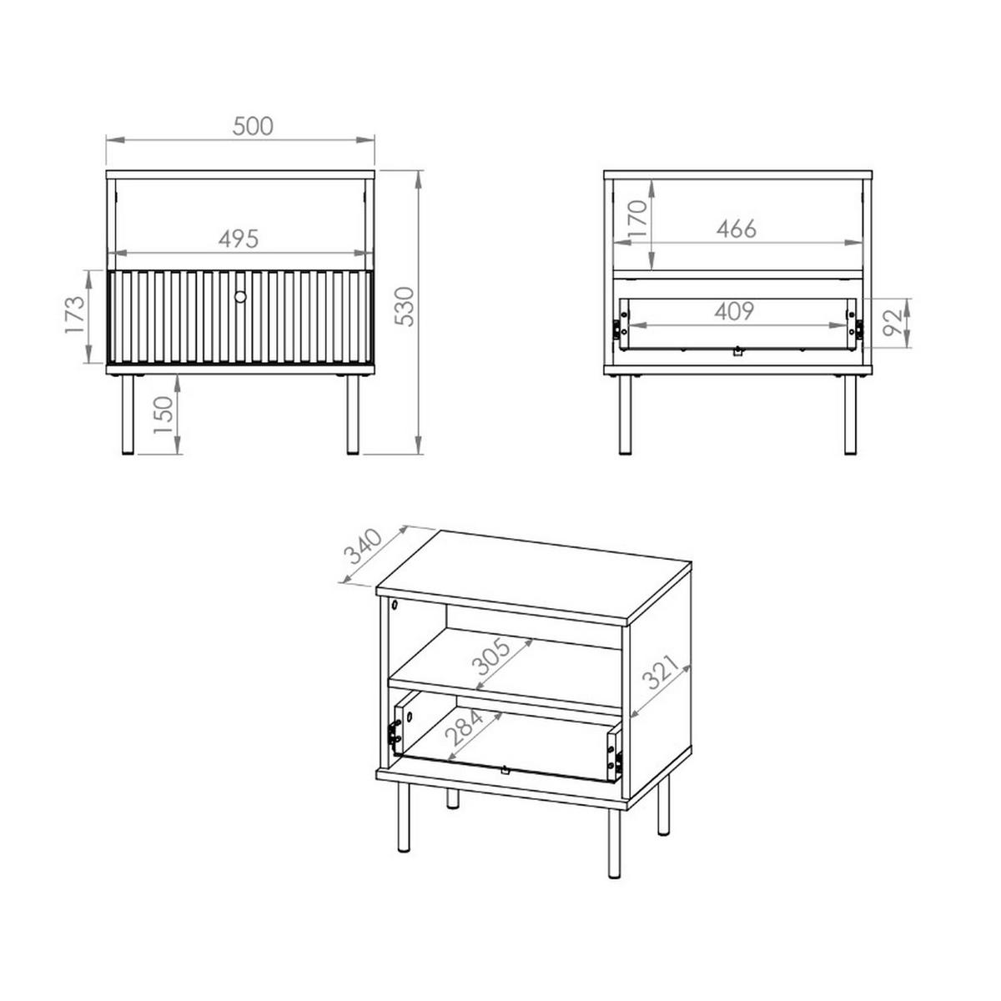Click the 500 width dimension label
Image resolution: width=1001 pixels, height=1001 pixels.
pyautogui.click(x=253, y=126)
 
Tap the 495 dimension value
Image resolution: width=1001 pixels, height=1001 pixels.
pyautogui.click(x=239, y=239)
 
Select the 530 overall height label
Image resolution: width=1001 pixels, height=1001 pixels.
pyautogui.click(x=405, y=306)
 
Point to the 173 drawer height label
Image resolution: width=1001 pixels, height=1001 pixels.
pyautogui.click(x=75, y=314)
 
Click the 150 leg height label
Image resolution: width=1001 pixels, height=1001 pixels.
pyautogui.click(x=163, y=415)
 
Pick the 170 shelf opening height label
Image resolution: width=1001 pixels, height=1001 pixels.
pyautogui.click(x=638, y=219)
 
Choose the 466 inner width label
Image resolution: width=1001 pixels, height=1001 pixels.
pyautogui.click(x=737, y=229)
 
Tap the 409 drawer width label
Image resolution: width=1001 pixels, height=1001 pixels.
pyautogui.click(x=734, y=311)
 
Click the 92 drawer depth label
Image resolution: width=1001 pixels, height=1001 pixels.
pyautogui.click(x=894, y=323)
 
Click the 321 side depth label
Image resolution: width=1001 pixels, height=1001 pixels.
pyautogui.click(x=660, y=672)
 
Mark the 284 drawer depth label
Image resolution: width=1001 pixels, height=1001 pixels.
pyautogui.click(x=464, y=727)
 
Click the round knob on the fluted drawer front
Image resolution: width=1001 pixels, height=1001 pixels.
pyautogui.click(x=240, y=297)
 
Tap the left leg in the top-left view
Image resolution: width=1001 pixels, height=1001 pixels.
pyautogui.click(x=128, y=415)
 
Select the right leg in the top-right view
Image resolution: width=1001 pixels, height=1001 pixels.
pyautogui.click(x=850, y=415)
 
